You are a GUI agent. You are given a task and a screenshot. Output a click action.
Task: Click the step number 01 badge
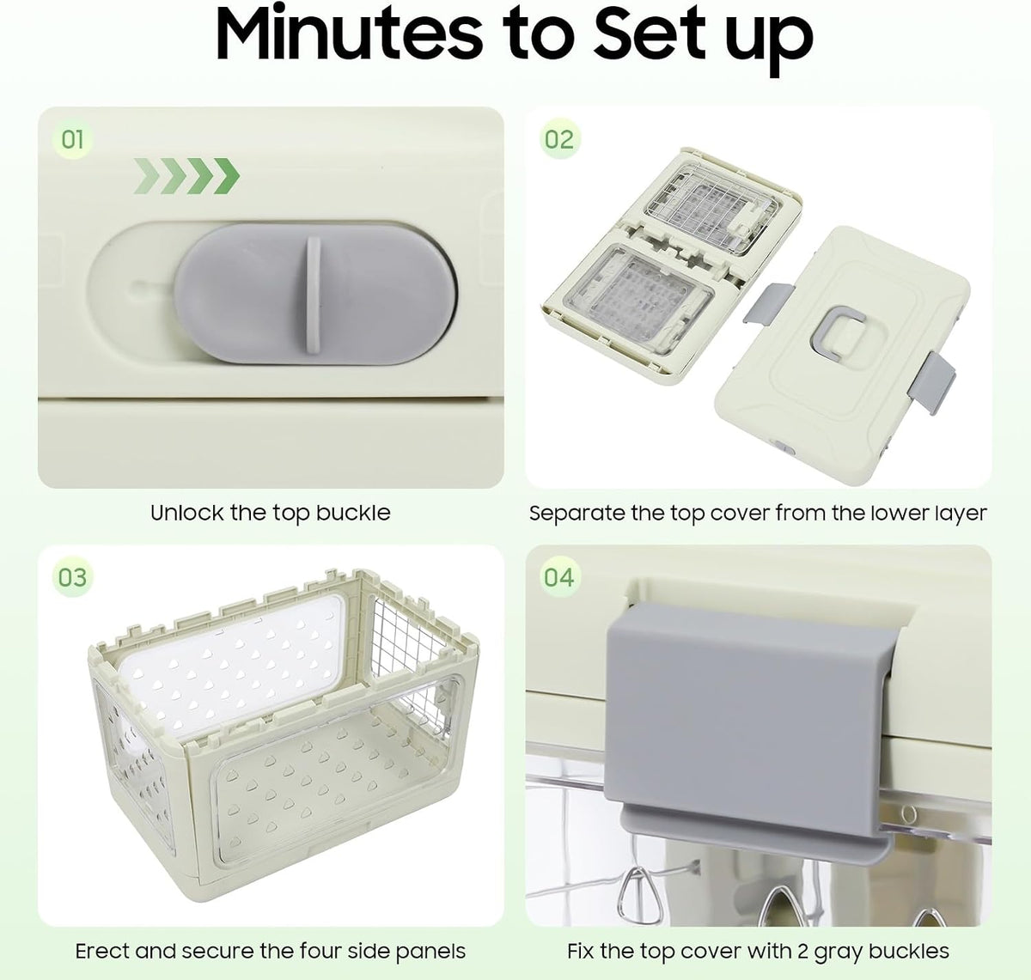click(x=72, y=140)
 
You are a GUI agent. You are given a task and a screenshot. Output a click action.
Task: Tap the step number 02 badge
click(x=559, y=139)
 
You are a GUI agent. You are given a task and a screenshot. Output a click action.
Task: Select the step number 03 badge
click(x=72, y=577)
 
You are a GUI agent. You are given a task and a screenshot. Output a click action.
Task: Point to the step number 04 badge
click(x=559, y=577)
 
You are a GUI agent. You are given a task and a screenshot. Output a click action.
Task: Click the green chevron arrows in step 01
click(x=186, y=176)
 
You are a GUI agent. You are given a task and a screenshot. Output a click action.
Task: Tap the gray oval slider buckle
click(x=315, y=294)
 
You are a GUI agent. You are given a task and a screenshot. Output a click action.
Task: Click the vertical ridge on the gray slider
click(x=314, y=294)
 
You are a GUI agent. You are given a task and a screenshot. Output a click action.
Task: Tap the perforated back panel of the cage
click(x=231, y=660)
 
